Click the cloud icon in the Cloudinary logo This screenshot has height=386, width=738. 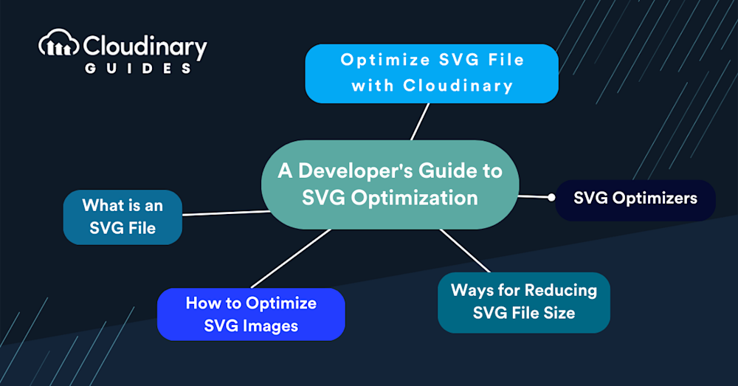click(58, 44)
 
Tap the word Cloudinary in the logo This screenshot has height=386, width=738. click(145, 47)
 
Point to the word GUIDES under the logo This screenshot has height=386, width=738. click(138, 69)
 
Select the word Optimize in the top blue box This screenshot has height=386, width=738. click(385, 61)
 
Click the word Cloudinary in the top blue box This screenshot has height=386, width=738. click(458, 86)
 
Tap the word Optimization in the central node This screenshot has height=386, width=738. click(415, 199)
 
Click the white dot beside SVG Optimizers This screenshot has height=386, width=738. click(551, 197)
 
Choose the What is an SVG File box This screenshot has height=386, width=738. click(123, 217)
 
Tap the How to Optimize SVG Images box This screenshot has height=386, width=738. click(251, 314)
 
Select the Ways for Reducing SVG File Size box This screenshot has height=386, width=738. click(524, 303)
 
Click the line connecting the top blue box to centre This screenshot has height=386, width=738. click(420, 122)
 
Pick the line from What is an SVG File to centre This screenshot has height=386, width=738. click(227, 213)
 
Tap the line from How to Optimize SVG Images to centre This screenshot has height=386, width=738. click(292, 258)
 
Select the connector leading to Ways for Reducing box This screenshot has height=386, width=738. click(465, 250)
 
